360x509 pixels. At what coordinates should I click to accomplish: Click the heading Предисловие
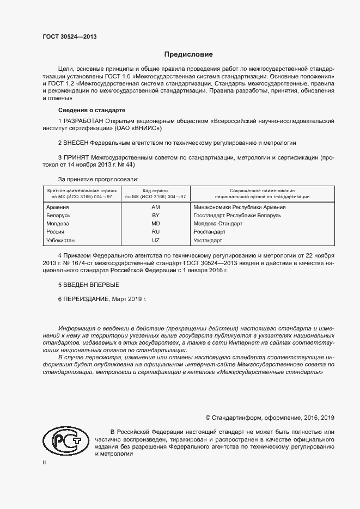pyautogui.click(x=189, y=54)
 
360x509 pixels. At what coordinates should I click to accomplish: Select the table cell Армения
pyautogui.click(x=58, y=207)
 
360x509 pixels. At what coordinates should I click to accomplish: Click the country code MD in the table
pyautogui.click(x=155, y=224)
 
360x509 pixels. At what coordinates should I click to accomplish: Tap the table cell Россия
pyautogui.click(x=56, y=232)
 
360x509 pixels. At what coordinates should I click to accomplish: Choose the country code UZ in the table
pyautogui.click(x=155, y=240)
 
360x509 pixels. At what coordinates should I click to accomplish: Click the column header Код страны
pyautogui.click(x=156, y=191)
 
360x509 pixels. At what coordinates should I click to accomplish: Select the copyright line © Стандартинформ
pyautogui.click(x=270, y=418)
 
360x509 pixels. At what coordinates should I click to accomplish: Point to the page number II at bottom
pyautogui.click(x=45, y=462)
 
